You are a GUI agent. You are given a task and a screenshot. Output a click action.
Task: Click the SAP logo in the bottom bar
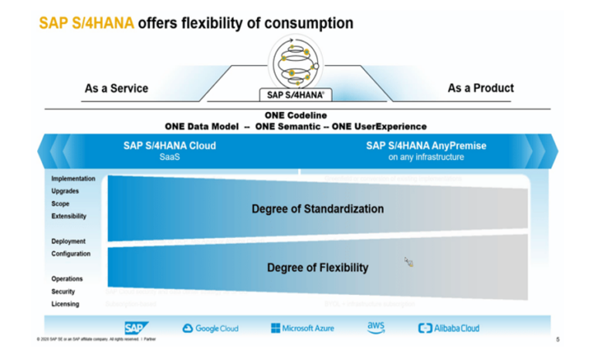pyautogui.click(x=134, y=328)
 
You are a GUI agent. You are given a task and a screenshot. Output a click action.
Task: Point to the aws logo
pyautogui.click(x=375, y=328)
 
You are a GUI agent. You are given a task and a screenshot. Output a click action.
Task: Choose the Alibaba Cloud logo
pyautogui.click(x=448, y=328)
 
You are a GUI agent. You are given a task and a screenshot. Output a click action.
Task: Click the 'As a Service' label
pyautogui.click(x=117, y=88)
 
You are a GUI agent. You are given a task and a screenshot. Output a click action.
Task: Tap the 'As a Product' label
pyautogui.click(x=480, y=88)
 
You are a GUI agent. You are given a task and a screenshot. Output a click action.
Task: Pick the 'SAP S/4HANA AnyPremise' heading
pyautogui.click(x=426, y=145)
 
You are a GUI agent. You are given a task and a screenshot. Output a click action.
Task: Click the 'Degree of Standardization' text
pyautogui.click(x=317, y=209)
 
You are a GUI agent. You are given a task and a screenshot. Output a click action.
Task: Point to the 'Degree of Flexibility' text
pyautogui.click(x=317, y=268)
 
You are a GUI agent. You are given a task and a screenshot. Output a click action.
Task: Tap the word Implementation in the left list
pyautogui.click(x=73, y=178)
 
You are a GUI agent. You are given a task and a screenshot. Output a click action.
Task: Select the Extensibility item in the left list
pyautogui.click(x=69, y=216)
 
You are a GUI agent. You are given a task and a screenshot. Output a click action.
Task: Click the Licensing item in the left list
pyautogui.click(x=65, y=304)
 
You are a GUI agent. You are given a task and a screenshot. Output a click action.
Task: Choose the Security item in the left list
pyautogui.click(x=63, y=291)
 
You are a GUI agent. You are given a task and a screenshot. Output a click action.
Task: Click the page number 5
pyautogui.click(x=557, y=339)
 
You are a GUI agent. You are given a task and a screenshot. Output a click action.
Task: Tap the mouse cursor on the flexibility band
pyautogui.click(x=408, y=263)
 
